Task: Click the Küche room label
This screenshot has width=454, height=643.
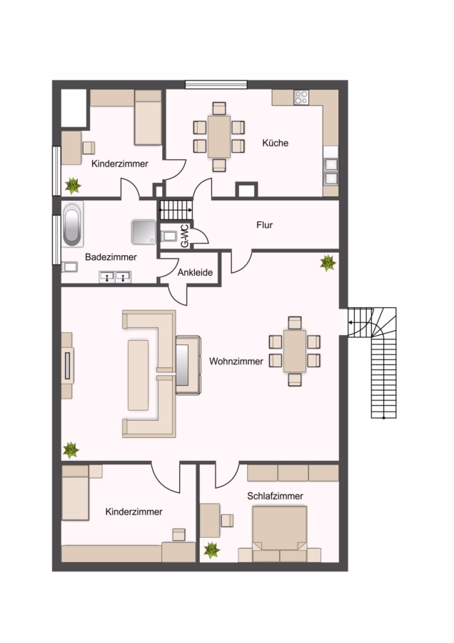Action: coord(275,143)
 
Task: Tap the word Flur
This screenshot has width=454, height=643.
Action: coord(264,225)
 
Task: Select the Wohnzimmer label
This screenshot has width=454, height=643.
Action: coord(236,362)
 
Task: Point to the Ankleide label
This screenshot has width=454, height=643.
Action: coord(195,272)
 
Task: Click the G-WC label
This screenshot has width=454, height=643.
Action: coord(185,236)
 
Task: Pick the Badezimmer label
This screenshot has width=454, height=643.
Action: coord(111,257)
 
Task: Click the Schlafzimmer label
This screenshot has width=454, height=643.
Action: coord(275,496)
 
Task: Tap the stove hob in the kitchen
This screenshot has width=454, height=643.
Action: coord(301,98)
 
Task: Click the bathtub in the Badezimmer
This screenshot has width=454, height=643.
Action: coord(72,224)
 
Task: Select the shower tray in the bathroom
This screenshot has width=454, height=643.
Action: coord(143,232)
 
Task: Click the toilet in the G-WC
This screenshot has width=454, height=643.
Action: coord(168,236)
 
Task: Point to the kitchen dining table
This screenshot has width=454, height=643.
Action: coord(219,136)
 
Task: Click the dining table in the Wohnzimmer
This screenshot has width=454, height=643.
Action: coord(295,351)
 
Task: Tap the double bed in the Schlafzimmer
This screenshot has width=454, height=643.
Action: coord(280,528)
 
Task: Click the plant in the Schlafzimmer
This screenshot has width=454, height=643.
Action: coord(212,550)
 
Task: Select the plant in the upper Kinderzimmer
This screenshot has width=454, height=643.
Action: coord(73,185)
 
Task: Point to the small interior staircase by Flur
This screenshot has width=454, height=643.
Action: coord(176,209)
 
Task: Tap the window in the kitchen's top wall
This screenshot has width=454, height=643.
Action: coord(216,84)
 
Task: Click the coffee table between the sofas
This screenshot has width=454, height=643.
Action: coord(138,375)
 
